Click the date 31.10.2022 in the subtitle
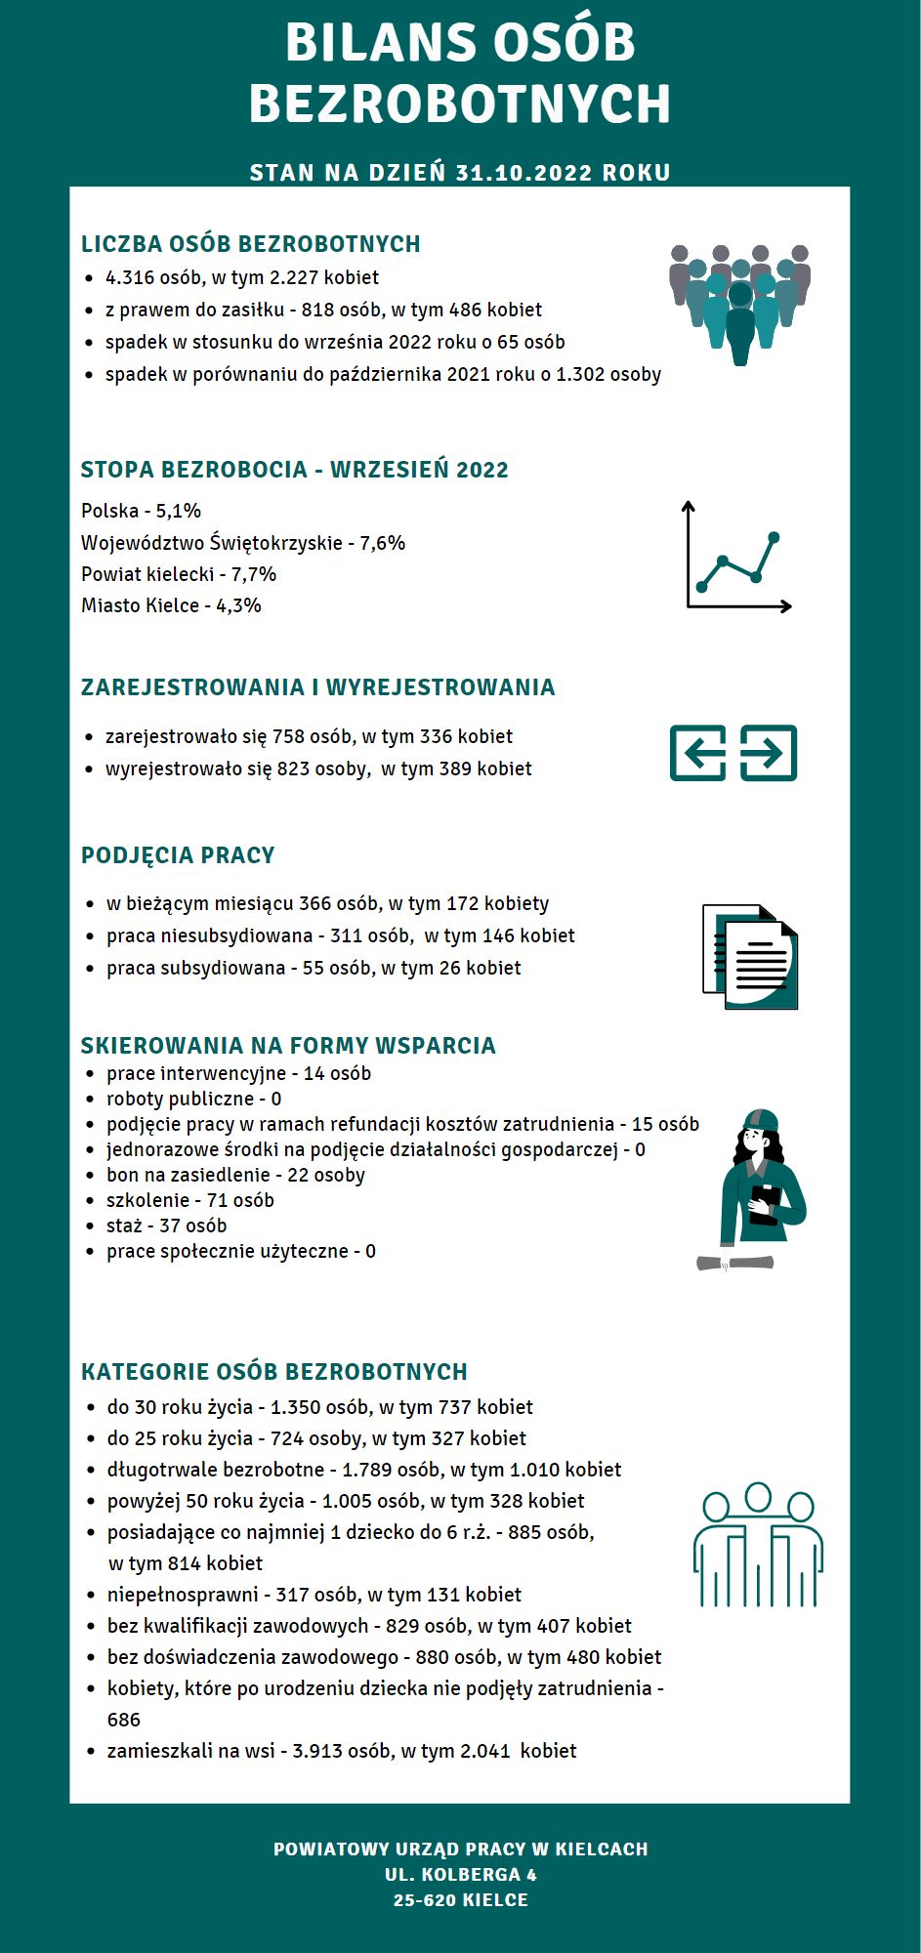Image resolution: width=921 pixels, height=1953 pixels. click(523, 173)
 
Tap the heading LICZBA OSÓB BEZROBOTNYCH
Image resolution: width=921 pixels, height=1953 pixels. click(250, 244)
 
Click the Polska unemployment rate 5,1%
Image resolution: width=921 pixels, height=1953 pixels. click(179, 511)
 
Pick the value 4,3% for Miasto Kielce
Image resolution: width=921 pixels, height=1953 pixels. click(239, 605)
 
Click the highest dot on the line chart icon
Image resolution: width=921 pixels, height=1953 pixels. click(774, 537)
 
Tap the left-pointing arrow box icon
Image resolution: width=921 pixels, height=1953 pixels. click(697, 753)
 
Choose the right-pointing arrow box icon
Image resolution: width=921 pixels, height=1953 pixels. click(769, 753)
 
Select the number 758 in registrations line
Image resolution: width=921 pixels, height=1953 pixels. click(289, 736)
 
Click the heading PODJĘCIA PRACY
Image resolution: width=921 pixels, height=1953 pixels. click(178, 855)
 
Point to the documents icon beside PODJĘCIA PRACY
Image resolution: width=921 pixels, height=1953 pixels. click(750, 957)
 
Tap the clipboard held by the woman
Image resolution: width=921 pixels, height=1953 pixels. click(764, 1203)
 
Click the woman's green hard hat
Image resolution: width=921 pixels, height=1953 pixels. click(760, 1119)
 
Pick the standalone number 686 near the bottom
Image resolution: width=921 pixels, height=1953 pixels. click(124, 1720)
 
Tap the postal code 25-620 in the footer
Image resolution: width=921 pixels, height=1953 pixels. click(426, 1900)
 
